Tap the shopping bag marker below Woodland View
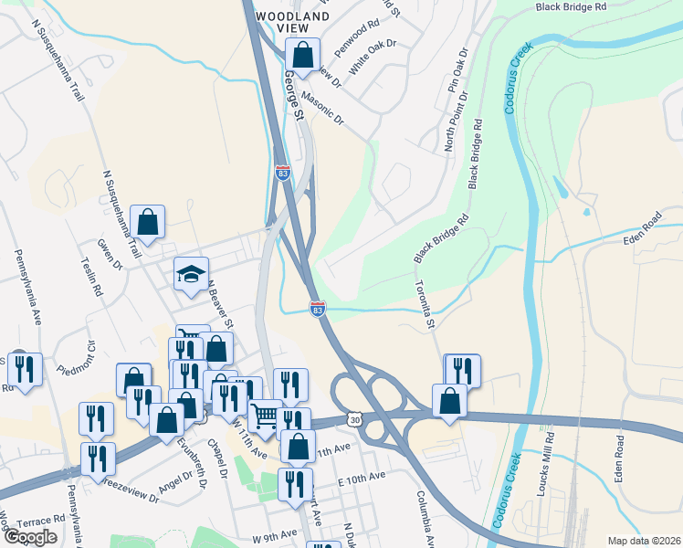click(x=303, y=56)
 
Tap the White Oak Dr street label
click(x=373, y=56)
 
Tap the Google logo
click(x=30, y=537)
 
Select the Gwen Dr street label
click(x=111, y=256)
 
